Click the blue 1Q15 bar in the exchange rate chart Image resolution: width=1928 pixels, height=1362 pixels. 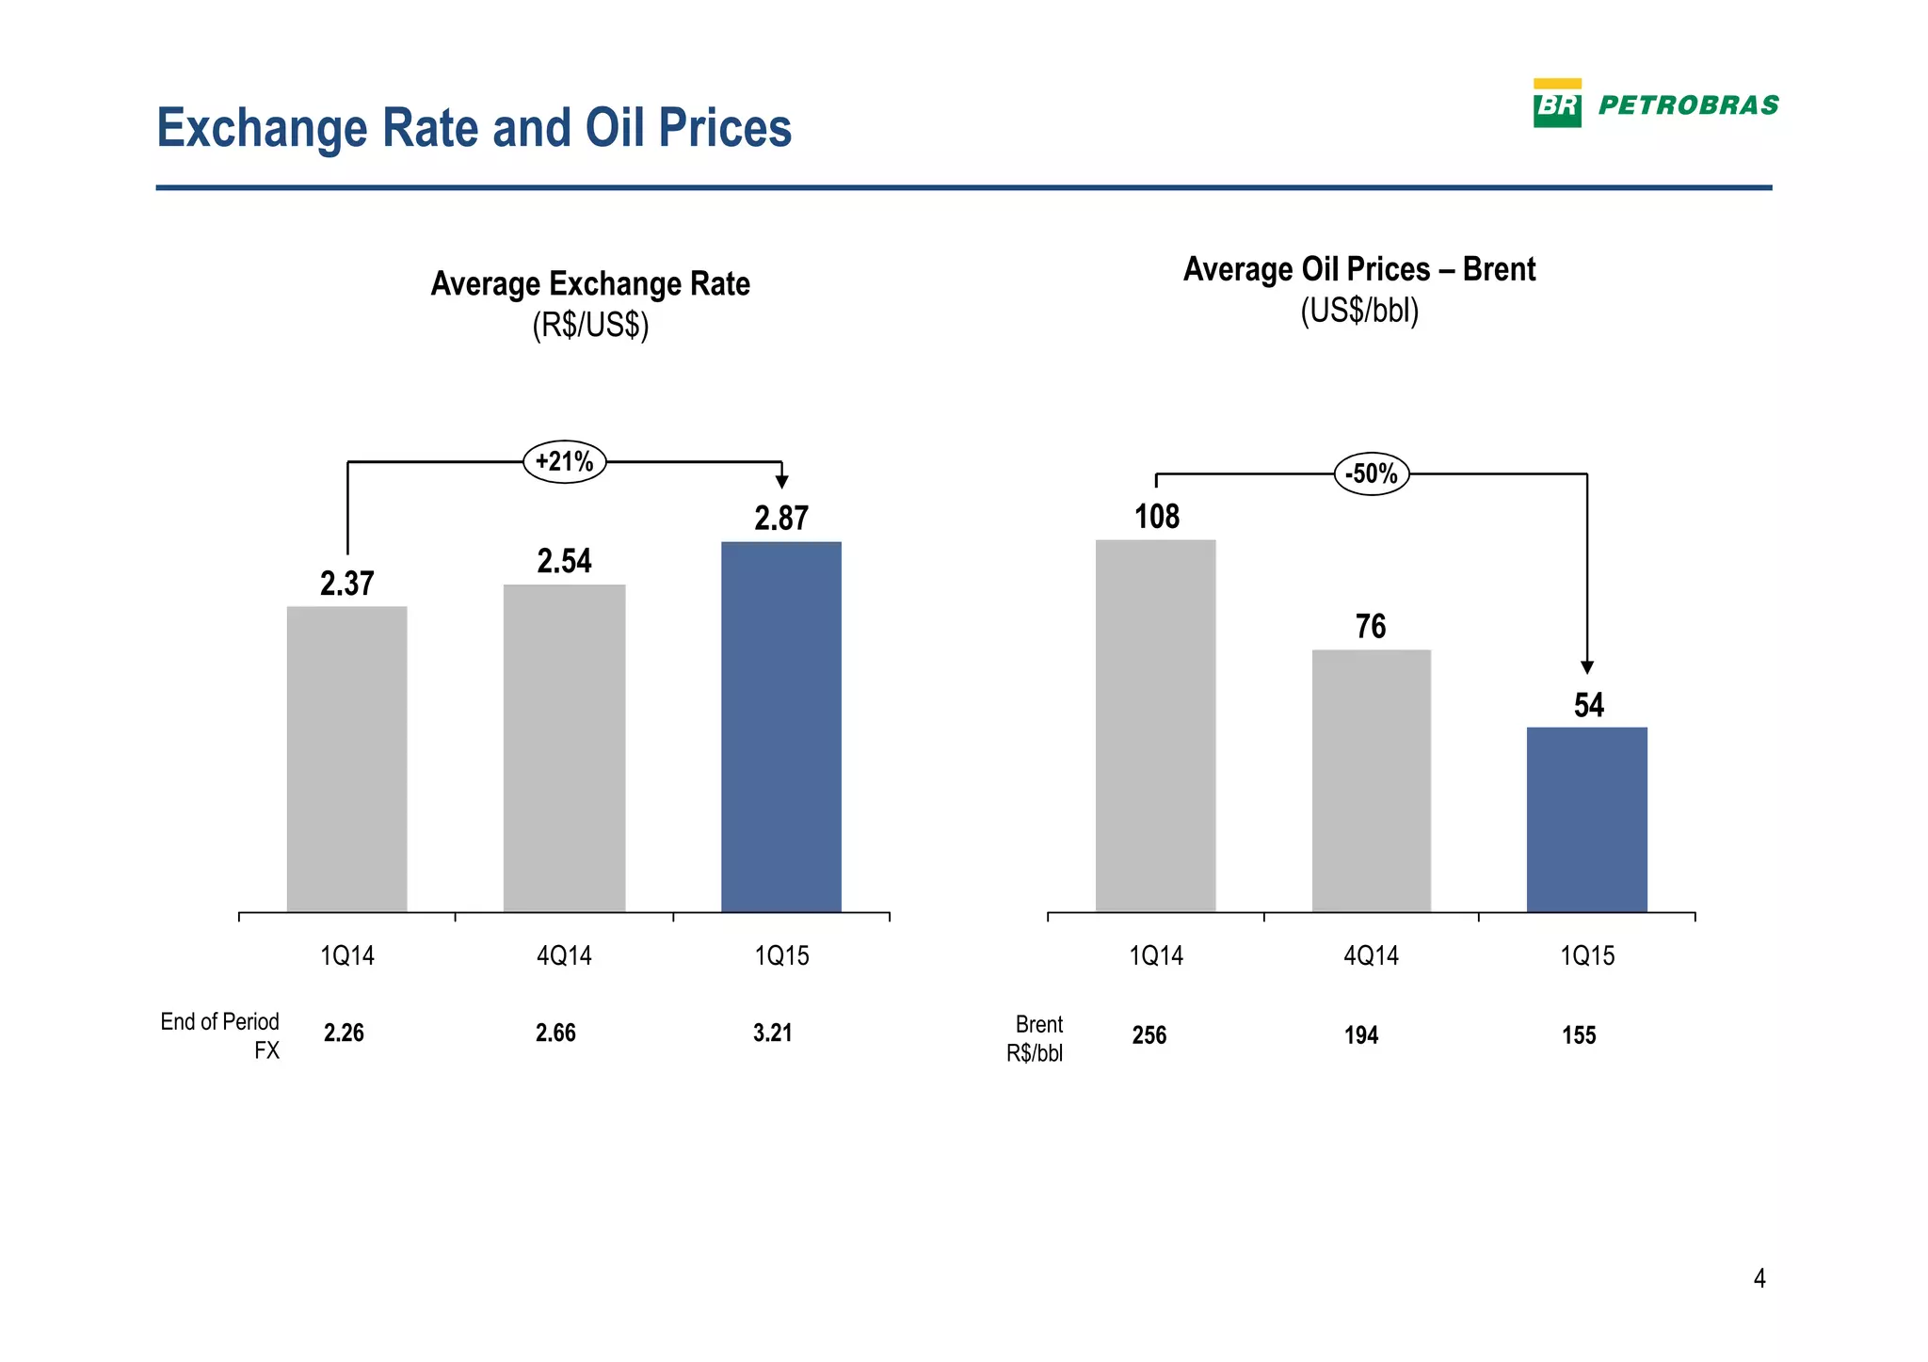click(x=781, y=727)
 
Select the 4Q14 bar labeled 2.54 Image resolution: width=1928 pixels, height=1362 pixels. click(x=564, y=748)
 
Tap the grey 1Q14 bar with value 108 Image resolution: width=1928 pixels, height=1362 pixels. click(x=1155, y=726)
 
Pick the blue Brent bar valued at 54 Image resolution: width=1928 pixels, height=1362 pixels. click(x=1586, y=819)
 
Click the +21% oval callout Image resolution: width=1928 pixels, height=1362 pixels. click(x=564, y=461)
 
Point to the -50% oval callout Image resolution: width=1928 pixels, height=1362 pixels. click(x=1372, y=473)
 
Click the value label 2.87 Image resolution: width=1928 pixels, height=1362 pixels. click(x=781, y=519)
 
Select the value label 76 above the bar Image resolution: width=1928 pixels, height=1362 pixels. click(x=1371, y=627)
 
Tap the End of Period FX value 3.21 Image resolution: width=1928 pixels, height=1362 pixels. click(x=773, y=1034)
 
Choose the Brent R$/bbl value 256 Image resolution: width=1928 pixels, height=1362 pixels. click(x=1149, y=1035)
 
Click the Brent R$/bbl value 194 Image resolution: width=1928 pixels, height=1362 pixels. click(x=1361, y=1035)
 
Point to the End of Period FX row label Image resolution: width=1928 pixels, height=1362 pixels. click(x=220, y=1034)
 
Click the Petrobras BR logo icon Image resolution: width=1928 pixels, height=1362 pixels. click(x=1557, y=104)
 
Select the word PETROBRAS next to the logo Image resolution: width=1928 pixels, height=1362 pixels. click(x=1689, y=105)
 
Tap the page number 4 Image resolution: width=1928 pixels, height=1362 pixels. click(x=1759, y=1278)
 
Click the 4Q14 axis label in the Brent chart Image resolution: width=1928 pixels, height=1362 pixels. click(x=1371, y=956)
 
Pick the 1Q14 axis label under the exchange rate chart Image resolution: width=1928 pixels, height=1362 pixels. click(x=347, y=956)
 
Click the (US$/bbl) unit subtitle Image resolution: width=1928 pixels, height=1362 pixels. click(x=1359, y=311)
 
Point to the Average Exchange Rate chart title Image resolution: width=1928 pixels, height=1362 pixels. click(x=590, y=284)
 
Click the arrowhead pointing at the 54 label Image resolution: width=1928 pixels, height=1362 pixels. click(x=1587, y=667)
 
